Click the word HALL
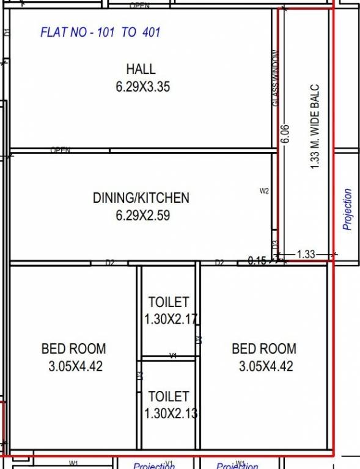[141, 69]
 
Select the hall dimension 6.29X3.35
[142, 87]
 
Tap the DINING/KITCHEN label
[141, 198]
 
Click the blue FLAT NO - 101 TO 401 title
[100, 32]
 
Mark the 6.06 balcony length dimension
[284, 134]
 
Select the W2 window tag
[264, 191]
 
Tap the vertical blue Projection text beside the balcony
[348, 209]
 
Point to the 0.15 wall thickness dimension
[257, 261]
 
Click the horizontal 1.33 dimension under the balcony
[306, 254]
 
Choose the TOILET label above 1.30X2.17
[169, 302]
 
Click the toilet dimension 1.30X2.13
[171, 413]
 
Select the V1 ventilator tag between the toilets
[173, 355]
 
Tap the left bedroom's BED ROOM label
[73, 349]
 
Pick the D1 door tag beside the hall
[7, 32]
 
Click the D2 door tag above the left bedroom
[110, 263]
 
